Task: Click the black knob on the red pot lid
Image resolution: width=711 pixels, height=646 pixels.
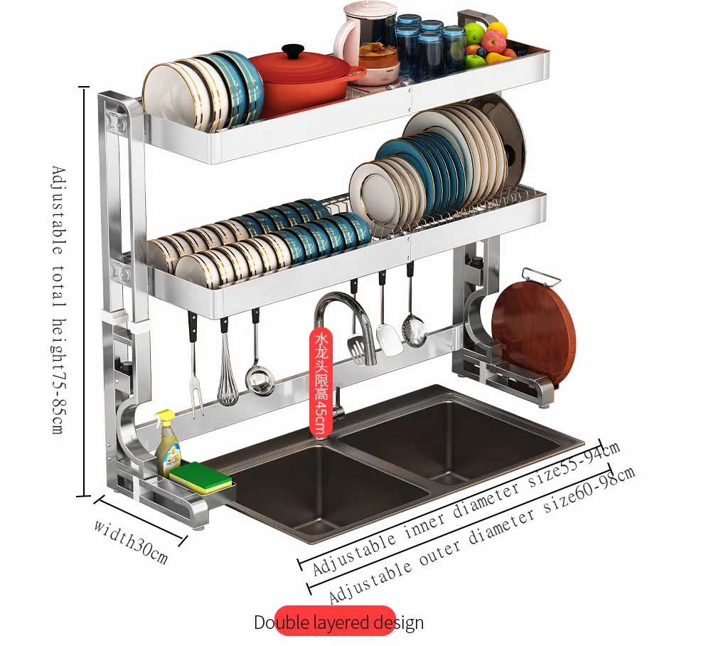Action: point(292,52)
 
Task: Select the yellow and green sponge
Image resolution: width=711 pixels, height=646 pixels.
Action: point(201,477)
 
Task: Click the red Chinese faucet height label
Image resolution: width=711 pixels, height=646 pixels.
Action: point(321,381)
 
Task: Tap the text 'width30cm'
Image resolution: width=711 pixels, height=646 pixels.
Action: point(131,541)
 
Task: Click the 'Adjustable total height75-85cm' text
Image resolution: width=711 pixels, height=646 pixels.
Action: point(58,300)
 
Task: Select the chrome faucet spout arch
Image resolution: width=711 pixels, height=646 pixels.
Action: point(342,302)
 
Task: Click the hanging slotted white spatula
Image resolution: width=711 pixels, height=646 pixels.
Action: point(388,334)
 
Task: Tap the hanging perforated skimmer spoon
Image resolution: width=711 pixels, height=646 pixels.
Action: point(414,327)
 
